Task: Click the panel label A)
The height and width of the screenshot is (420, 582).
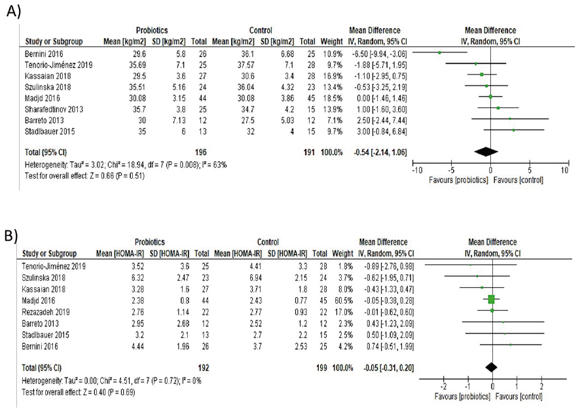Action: tap(12, 10)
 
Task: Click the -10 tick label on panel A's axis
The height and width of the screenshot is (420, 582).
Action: tap(415, 169)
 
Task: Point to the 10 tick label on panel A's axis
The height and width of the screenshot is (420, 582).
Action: tap(564, 169)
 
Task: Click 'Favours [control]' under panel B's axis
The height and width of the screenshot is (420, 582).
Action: tap(518, 396)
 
